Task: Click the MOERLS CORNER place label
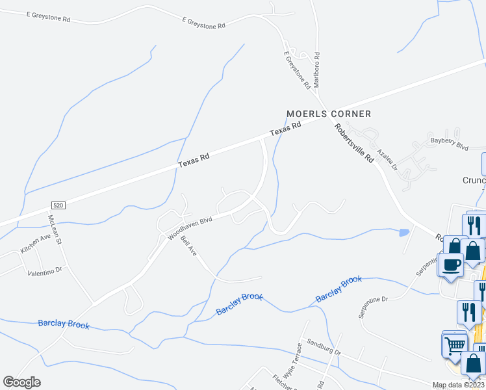point(329,114)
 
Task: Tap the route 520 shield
point(58,205)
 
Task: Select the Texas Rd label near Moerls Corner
point(287,129)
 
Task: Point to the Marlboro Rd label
point(318,70)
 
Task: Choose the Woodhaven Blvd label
point(190,229)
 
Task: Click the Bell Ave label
point(188,246)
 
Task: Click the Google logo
point(22,382)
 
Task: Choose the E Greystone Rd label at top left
point(48,16)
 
